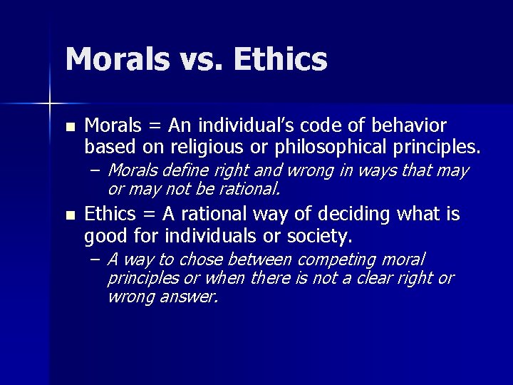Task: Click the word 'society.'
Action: point(313,235)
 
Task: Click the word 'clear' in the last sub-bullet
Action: point(375,277)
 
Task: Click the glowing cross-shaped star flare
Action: point(50,104)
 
